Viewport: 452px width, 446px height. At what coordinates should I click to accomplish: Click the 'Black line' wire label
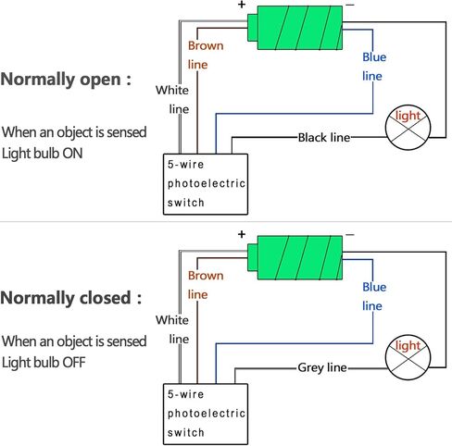324,138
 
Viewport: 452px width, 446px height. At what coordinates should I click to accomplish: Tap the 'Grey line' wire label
322,367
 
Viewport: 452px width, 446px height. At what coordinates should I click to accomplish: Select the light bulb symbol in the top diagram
408,128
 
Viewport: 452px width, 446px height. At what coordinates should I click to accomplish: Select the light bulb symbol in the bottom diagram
408,357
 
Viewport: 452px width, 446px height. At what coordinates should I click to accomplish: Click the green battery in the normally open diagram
295,28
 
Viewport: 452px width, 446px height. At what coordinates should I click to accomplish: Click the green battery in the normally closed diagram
295,258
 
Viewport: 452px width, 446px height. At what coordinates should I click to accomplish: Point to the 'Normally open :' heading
66,80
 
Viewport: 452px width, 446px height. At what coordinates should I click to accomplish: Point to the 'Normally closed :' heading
71,298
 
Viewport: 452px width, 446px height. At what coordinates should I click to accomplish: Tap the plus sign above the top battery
242,5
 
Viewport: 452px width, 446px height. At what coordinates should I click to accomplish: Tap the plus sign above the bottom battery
242,234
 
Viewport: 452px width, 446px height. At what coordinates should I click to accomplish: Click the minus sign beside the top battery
350,5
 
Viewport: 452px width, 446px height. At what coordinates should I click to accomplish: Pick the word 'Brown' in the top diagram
206,45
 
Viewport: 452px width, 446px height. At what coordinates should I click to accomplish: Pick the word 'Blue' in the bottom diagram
374,287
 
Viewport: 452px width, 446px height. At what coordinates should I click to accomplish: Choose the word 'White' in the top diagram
172,90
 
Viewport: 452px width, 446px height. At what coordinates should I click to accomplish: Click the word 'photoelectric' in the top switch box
207,183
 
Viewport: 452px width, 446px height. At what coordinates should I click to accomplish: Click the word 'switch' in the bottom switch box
185,432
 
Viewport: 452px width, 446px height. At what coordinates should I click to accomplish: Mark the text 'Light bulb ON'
43,154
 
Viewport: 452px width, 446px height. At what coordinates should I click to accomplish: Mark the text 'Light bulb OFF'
44,363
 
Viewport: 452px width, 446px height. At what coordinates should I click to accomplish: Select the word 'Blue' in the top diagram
374,57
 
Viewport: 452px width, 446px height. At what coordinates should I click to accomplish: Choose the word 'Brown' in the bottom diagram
206,276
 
